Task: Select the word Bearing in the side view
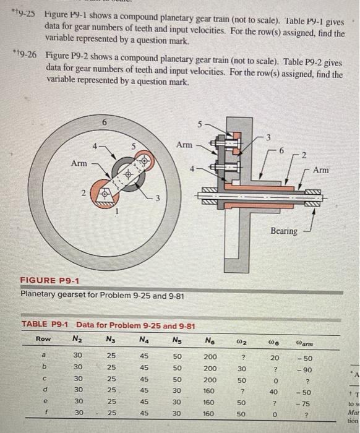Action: (x=284, y=231)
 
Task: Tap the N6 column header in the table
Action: (x=210, y=339)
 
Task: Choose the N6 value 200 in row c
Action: (x=210, y=380)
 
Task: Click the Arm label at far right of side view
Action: (x=338, y=169)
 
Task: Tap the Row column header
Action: (x=43, y=339)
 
